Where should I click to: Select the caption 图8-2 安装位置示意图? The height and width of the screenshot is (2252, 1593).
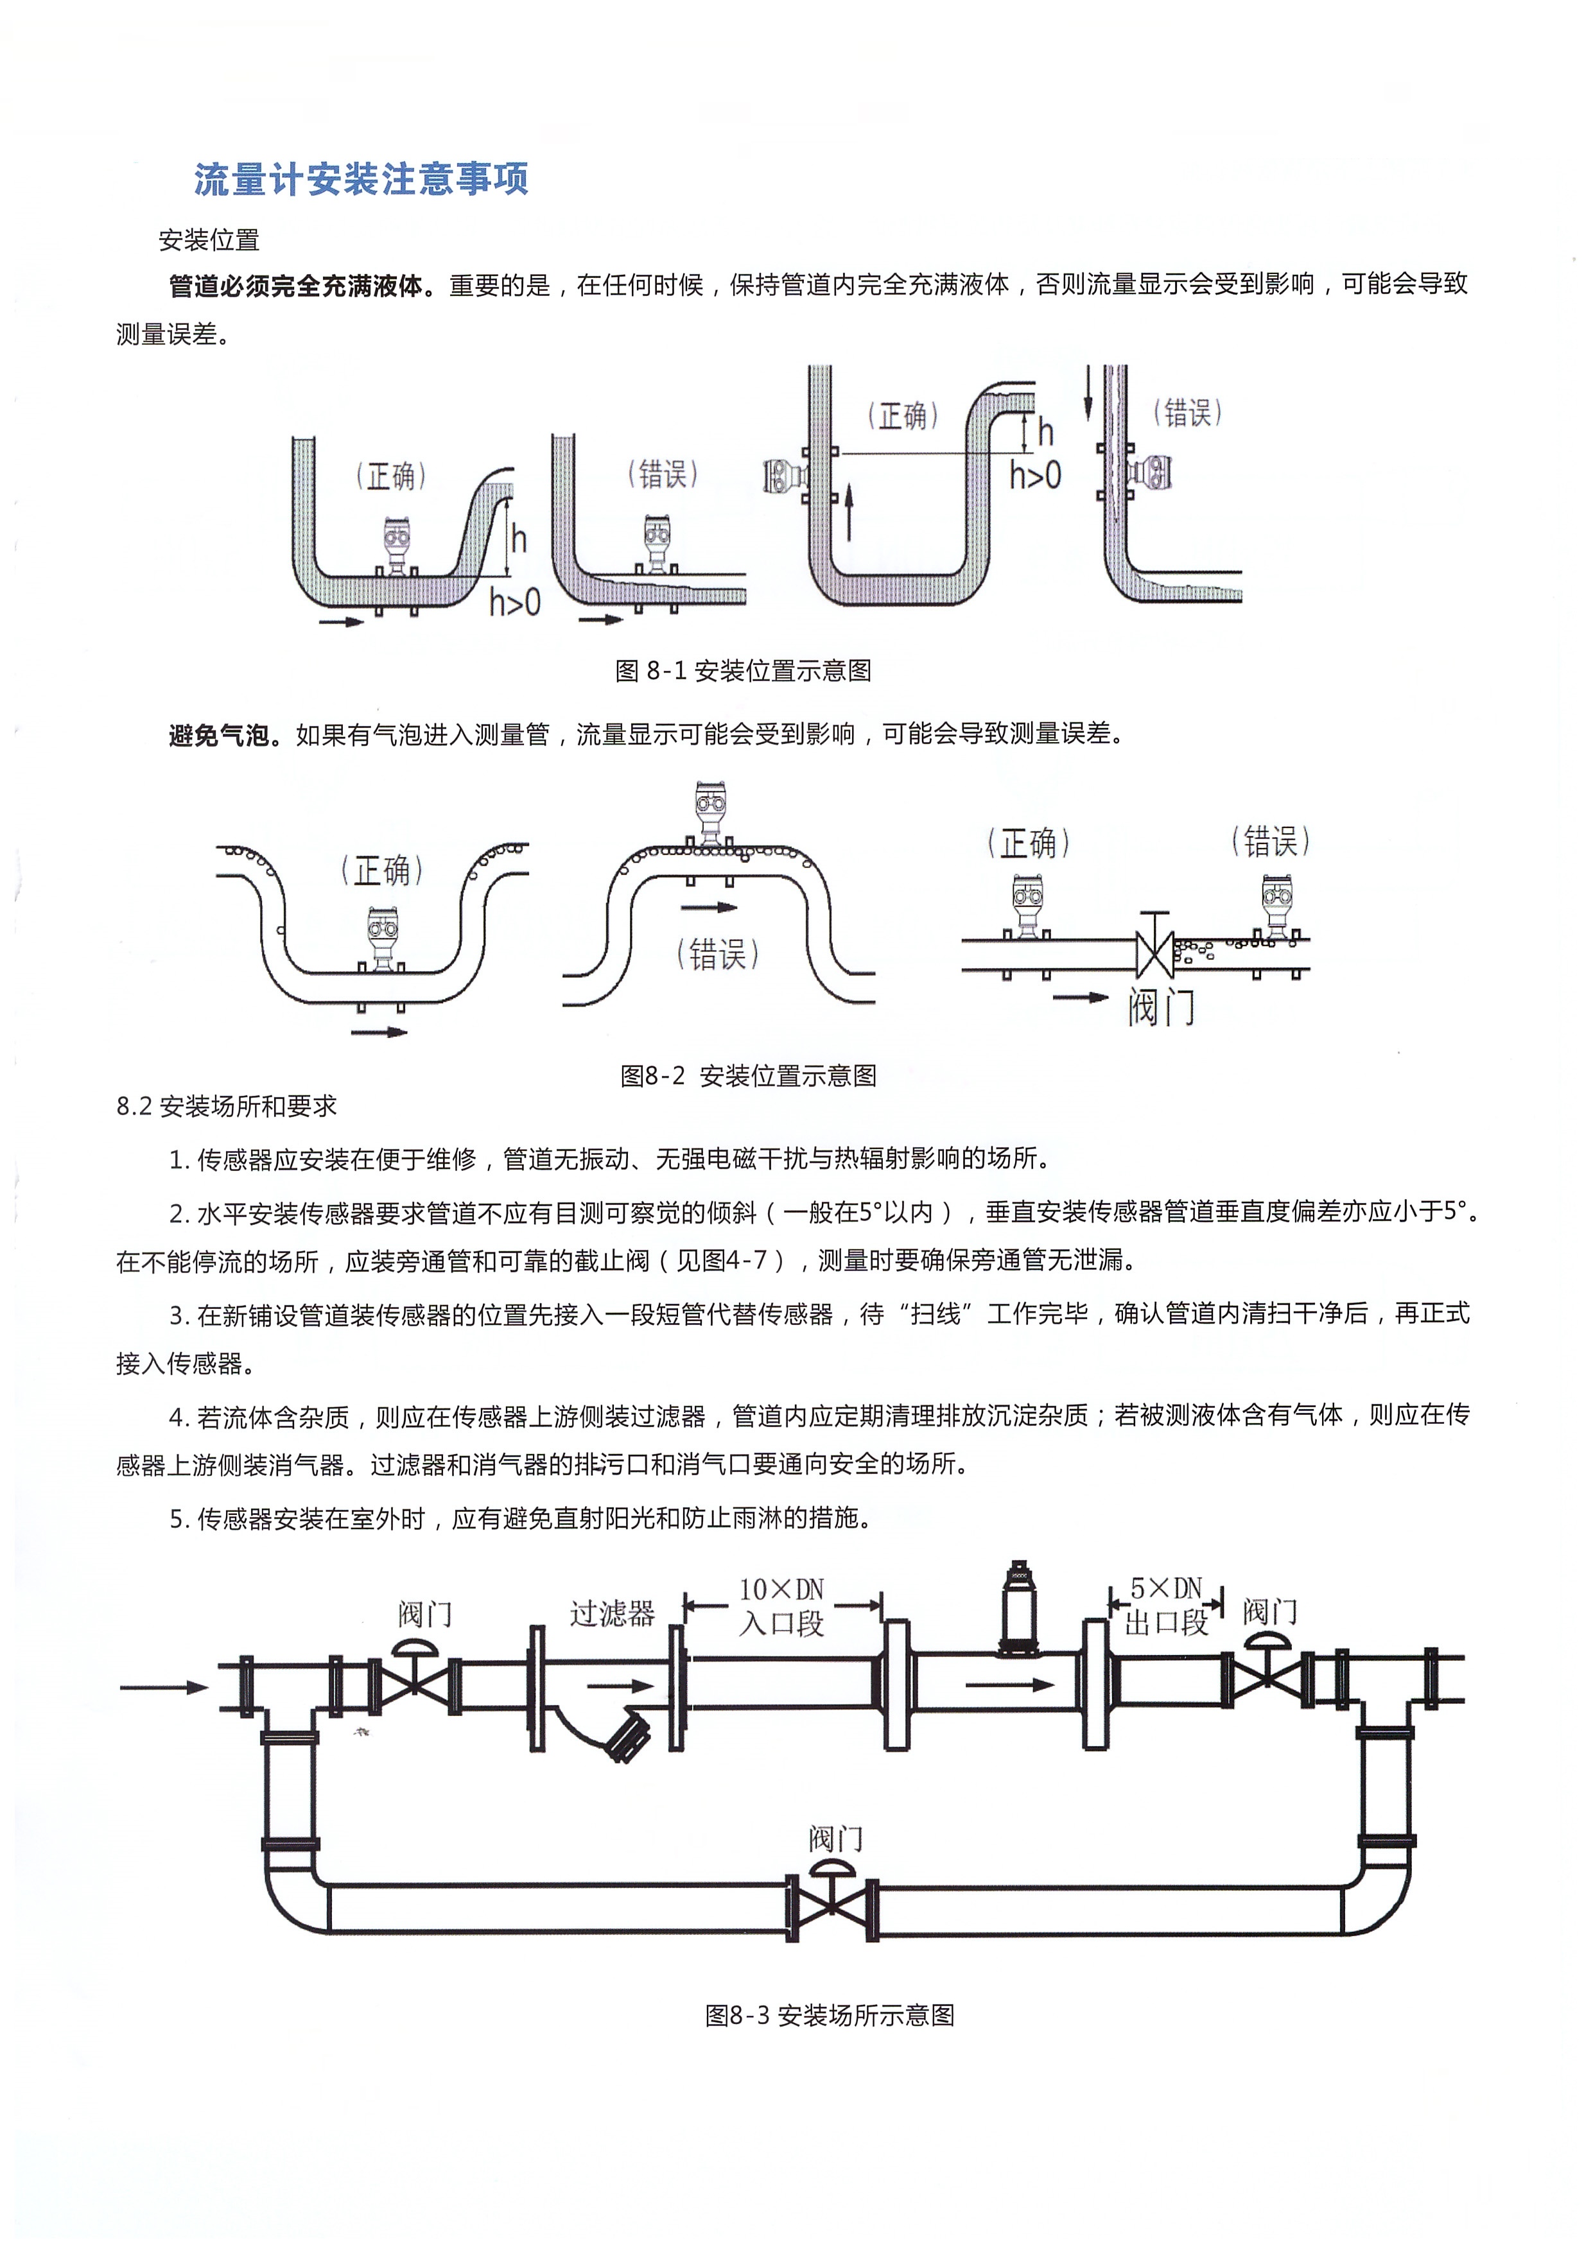point(749,1076)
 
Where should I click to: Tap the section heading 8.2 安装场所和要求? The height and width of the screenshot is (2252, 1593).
point(227,1106)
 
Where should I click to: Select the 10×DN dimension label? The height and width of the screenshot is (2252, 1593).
point(782,1589)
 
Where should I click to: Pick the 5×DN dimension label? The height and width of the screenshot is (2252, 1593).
point(1166,1588)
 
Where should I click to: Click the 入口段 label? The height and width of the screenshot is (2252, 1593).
point(782,1624)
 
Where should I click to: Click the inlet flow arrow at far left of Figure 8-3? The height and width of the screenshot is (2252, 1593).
point(164,1687)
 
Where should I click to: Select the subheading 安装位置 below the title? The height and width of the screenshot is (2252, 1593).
point(209,240)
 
